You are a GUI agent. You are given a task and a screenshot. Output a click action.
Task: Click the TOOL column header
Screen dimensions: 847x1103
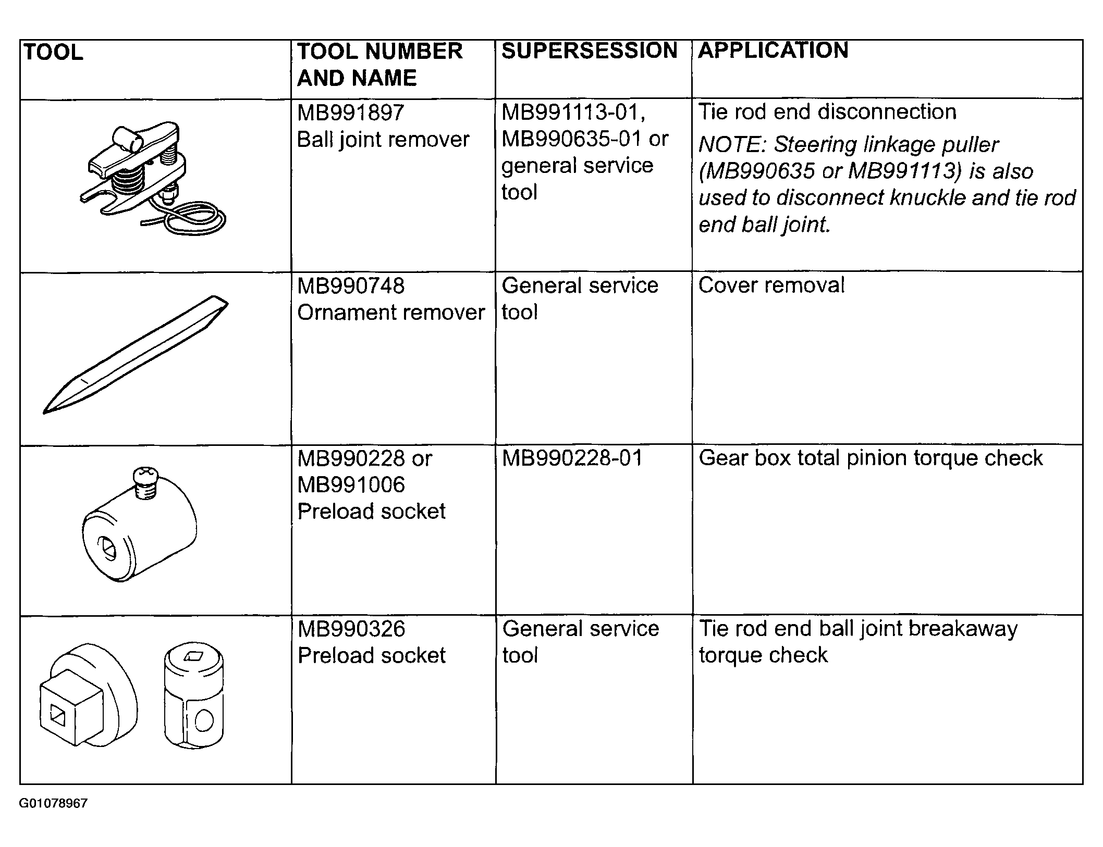(53, 53)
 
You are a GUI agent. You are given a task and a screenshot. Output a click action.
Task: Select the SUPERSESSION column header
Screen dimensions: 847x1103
(589, 51)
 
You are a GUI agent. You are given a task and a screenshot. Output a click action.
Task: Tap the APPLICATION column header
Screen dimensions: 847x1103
(773, 51)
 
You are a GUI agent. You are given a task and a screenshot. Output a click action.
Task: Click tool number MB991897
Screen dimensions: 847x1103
(350, 113)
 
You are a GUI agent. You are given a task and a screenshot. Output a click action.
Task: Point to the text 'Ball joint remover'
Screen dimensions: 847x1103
(383, 140)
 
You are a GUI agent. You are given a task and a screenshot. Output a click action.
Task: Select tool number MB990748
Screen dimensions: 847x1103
(350, 286)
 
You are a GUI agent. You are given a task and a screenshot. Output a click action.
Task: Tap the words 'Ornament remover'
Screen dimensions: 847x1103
(391, 313)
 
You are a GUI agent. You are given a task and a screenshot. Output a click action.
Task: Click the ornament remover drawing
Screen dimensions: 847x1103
(136, 354)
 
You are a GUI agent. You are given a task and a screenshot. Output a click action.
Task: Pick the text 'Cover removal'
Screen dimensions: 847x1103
(771, 285)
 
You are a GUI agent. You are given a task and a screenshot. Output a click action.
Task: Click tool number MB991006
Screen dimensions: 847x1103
(350, 485)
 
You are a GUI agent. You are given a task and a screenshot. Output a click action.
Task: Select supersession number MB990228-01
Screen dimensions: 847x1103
(572, 458)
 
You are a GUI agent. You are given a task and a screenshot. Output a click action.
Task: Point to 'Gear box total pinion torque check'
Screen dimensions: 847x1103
(871, 458)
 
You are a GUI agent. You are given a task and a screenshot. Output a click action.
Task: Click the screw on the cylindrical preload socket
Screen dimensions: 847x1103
(144, 481)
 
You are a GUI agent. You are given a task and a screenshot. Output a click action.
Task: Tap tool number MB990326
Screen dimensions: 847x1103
(351, 629)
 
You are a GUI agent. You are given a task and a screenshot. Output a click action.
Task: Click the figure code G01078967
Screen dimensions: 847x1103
(53, 803)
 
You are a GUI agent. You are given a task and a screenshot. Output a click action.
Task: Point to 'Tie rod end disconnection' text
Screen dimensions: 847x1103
(827, 112)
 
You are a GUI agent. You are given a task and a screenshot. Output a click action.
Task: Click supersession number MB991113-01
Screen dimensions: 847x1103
(572, 113)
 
